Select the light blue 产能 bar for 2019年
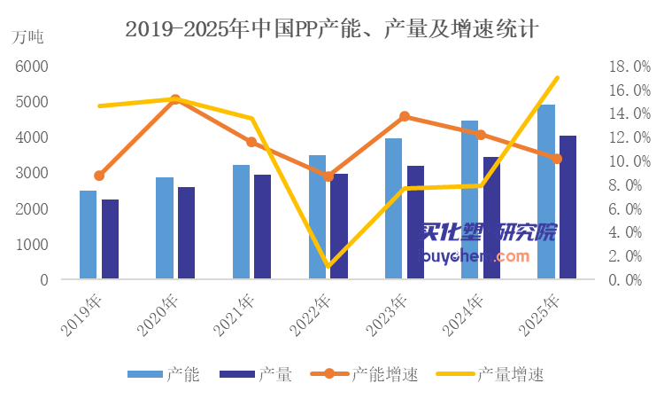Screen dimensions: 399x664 click(x=88, y=235)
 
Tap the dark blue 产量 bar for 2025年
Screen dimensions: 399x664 click(x=568, y=207)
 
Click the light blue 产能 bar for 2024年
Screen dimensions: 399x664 click(x=469, y=199)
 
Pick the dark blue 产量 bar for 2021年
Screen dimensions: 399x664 click(x=262, y=227)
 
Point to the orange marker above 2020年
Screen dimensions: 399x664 click(x=175, y=100)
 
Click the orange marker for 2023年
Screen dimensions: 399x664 click(x=405, y=116)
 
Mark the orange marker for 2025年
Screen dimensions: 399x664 click(x=557, y=159)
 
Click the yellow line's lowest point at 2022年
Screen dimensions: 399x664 click(x=328, y=265)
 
